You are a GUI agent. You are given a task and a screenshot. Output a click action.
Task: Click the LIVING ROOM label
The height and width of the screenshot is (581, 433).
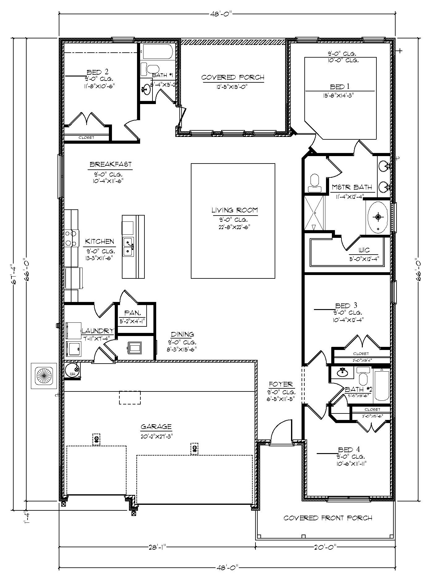point(234,210)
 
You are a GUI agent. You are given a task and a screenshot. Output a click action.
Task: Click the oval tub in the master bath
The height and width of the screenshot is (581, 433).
point(378,217)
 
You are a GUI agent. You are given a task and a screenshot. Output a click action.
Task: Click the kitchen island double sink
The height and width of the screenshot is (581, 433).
point(128,247)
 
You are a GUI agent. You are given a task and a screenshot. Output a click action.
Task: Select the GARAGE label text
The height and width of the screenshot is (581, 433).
point(156,427)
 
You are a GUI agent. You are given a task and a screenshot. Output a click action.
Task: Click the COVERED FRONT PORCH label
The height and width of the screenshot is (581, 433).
point(328,518)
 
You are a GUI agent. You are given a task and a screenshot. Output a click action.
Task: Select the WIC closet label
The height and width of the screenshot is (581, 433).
point(364,250)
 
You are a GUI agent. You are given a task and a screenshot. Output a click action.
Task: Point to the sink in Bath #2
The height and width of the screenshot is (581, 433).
point(342,372)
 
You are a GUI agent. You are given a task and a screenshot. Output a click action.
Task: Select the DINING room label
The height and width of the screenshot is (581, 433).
point(182,334)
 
